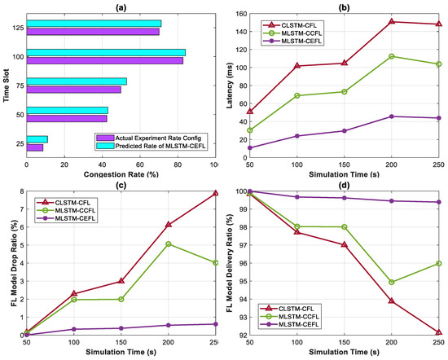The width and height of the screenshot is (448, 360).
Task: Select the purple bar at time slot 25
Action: (35, 147)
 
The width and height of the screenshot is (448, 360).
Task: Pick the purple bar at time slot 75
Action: (74, 90)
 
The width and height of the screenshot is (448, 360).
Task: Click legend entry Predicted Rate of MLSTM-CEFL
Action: (163, 146)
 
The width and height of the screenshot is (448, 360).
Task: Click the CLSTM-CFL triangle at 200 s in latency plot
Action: (391, 21)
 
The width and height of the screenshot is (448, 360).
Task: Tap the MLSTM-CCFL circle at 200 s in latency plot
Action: (391, 56)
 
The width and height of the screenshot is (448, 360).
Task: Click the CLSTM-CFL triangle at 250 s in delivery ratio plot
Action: (438, 332)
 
